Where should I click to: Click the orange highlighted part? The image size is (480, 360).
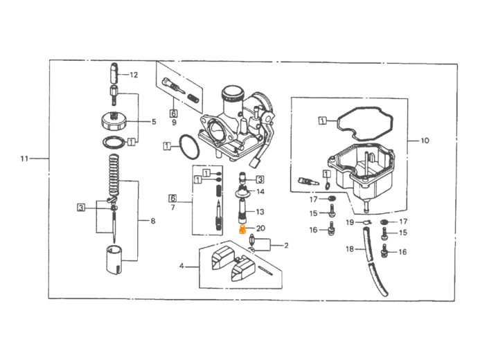click(x=242, y=228)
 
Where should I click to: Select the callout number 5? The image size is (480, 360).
click(x=154, y=121)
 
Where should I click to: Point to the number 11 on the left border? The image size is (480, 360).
click(x=24, y=159)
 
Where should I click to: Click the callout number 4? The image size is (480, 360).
click(x=182, y=265)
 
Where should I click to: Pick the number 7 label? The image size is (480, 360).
click(x=172, y=208)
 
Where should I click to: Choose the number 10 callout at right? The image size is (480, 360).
click(x=425, y=141)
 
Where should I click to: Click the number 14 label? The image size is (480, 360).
click(x=260, y=191)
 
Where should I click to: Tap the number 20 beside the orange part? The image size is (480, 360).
click(x=260, y=228)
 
